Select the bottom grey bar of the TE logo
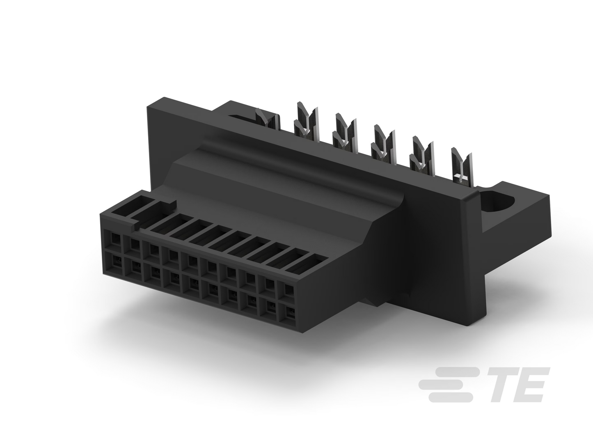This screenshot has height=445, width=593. (x=451, y=397)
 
